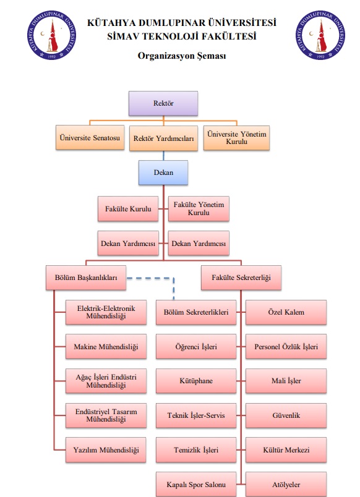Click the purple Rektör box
coord(163,103)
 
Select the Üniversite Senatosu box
coord(90,138)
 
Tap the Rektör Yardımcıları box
coord(163,138)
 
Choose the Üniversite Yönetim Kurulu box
coord(236,138)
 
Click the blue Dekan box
coord(163,172)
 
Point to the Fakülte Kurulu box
coord(128,208)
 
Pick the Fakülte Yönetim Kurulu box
coord(199,208)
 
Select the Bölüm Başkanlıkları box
coord(86,278)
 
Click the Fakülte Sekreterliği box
coord(241,278)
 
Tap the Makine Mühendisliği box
coord(106,346)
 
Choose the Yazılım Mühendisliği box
coord(106,450)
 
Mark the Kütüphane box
coord(196,381)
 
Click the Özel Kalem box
coord(286,312)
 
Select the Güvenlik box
coord(286,415)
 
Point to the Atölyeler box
coord(286,484)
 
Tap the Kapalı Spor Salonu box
coord(196,484)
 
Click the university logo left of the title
coord(52,35)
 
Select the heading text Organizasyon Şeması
coord(182,56)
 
